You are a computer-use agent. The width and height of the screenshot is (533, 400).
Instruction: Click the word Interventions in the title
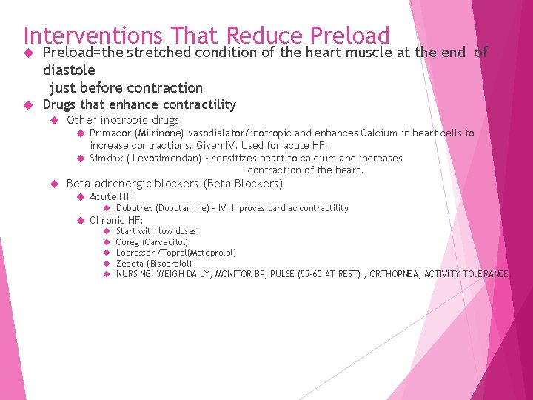93,36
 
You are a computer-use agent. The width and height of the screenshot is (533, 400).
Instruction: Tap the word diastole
69,70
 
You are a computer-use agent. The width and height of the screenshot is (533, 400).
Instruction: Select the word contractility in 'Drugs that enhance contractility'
199,104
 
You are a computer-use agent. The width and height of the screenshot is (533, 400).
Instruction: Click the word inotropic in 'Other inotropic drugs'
124,120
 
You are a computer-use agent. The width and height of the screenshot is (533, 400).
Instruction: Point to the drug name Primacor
110,133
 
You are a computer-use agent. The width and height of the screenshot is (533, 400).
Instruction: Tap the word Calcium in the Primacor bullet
379,133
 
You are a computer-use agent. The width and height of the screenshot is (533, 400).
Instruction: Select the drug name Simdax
106,159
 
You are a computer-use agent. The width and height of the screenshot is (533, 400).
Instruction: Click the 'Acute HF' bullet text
110,196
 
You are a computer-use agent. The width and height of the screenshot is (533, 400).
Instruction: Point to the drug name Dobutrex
134,208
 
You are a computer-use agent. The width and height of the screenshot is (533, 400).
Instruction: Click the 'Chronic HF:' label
116,220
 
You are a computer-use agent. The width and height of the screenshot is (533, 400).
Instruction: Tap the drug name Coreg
127,242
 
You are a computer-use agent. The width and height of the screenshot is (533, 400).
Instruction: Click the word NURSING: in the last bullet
135,274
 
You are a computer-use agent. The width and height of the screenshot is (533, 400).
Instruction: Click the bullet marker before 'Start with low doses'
107,231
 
